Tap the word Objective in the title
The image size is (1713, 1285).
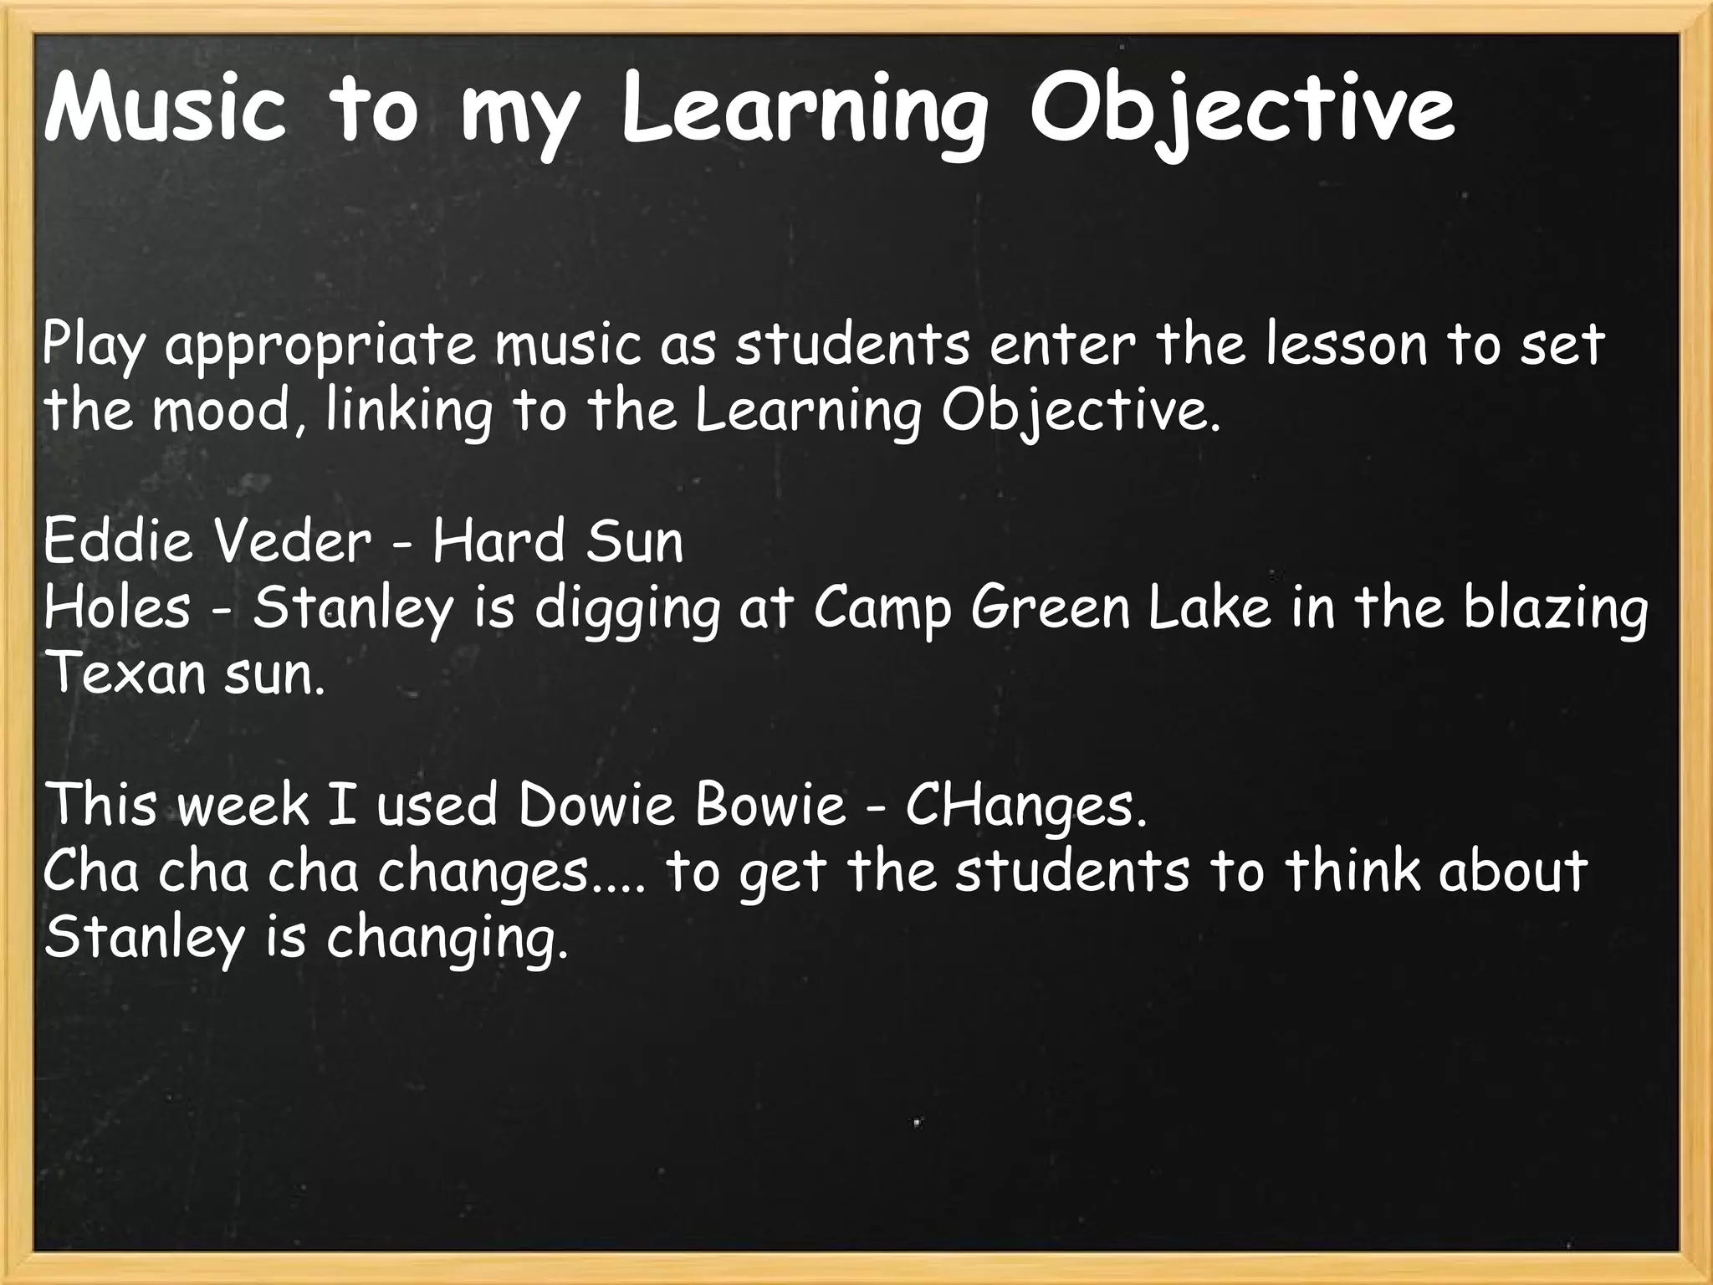point(1242,110)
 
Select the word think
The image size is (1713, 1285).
point(1353,870)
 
